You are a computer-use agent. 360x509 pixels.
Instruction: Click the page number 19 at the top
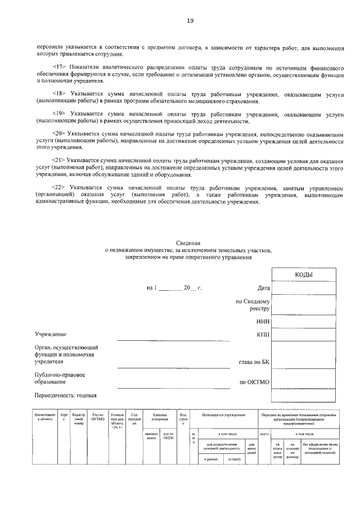190,21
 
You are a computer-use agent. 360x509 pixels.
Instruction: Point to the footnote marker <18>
60,93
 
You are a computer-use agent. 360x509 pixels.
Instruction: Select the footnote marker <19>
60,114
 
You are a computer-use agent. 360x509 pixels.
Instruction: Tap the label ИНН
263,321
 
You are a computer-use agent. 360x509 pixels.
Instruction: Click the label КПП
263,335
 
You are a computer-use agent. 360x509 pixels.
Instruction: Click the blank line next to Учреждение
173,339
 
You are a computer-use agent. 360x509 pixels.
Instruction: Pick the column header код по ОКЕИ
168,436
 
